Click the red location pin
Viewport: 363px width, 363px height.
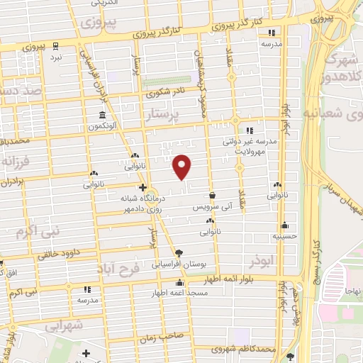click(x=182, y=167)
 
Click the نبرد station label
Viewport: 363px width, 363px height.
click(x=56, y=55)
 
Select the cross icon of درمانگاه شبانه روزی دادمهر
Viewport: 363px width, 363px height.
click(x=143, y=188)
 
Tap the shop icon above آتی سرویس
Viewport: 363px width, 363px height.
click(x=212, y=195)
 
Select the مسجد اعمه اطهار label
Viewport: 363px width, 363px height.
click(x=174, y=292)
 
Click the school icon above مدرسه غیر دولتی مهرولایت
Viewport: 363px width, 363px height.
click(x=250, y=130)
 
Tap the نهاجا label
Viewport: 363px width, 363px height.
click(x=352, y=291)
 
